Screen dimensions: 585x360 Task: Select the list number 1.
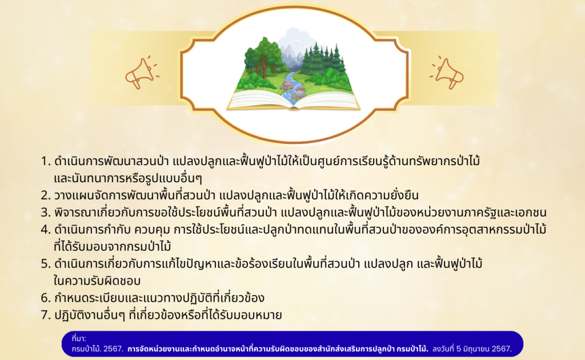pyautogui.click(x=45, y=162)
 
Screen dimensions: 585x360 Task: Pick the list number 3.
pyautogui.click(x=46, y=213)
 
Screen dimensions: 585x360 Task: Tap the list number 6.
pyautogui.click(x=46, y=298)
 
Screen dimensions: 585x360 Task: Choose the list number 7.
pyautogui.click(x=46, y=315)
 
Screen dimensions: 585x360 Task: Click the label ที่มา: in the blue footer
pyautogui.click(x=79, y=338)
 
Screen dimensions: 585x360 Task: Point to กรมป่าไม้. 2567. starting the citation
pyautogui.click(x=97, y=349)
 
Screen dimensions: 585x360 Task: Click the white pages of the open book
pyautogui.click(x=293, y=101)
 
